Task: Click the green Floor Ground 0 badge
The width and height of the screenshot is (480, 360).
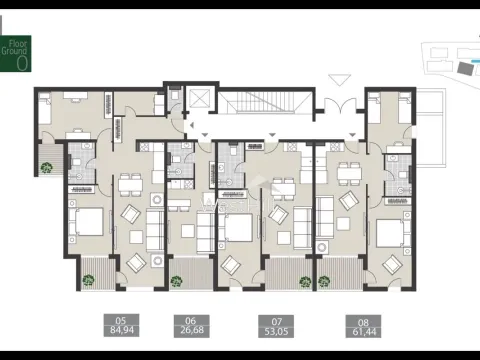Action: (x=18, y=56)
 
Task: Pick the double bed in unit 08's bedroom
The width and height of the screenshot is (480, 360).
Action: (x=387, y=233)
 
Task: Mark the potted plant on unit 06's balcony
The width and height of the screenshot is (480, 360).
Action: (x=177, y=282)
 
